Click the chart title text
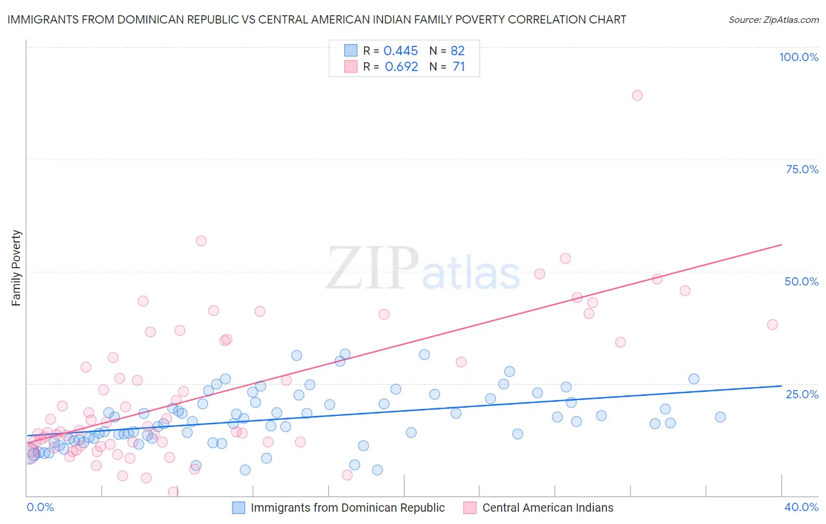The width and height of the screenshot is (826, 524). point(316,19)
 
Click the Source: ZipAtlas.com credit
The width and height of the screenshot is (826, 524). point(773,19)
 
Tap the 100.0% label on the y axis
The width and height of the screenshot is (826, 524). point(798,57)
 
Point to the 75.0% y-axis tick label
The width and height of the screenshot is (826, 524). point(802,169)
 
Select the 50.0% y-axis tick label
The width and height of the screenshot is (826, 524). point(801,281)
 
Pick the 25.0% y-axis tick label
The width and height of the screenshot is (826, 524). point(802,394)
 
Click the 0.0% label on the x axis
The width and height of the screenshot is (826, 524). point(40,507)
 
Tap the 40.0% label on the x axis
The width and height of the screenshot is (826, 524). point(801,507)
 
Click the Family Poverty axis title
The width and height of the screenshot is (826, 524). point(16,268)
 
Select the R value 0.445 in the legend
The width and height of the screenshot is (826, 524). point(401,51)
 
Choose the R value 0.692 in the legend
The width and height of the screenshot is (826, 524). point(401,66)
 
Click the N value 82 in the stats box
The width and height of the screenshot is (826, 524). point(458,51)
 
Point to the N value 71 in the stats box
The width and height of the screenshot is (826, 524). point(458,66)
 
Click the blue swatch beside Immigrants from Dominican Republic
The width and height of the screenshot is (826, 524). point(239,508)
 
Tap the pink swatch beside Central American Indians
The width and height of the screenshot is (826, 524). point(470,508)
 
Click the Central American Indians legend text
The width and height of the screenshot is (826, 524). point(548,508)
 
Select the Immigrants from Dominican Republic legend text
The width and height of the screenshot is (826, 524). point(348,508)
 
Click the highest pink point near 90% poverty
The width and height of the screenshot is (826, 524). point(637,95)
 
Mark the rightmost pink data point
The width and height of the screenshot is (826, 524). point(773,324)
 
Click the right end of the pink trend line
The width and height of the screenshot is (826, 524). point(781,244)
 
